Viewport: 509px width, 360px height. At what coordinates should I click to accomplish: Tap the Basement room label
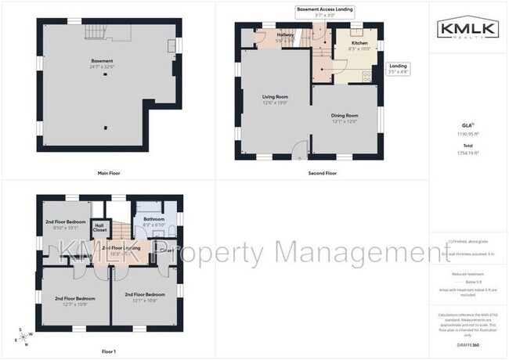[x=102, y=61]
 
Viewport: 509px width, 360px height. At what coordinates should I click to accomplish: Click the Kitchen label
[x=359, y=43]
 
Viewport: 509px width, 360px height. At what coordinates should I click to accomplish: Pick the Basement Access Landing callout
[x=324, y=12]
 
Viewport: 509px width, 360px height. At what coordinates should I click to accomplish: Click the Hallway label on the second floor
[x=285, y=34]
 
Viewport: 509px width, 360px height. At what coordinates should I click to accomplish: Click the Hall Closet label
[x=99, y=228]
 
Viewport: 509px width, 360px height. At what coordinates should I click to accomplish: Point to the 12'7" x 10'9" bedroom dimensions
[x=75, y=304]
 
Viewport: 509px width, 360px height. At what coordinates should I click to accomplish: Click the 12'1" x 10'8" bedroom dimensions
[x=145, y=300]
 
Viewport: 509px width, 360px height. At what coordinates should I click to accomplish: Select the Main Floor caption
[x=108, y=172]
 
